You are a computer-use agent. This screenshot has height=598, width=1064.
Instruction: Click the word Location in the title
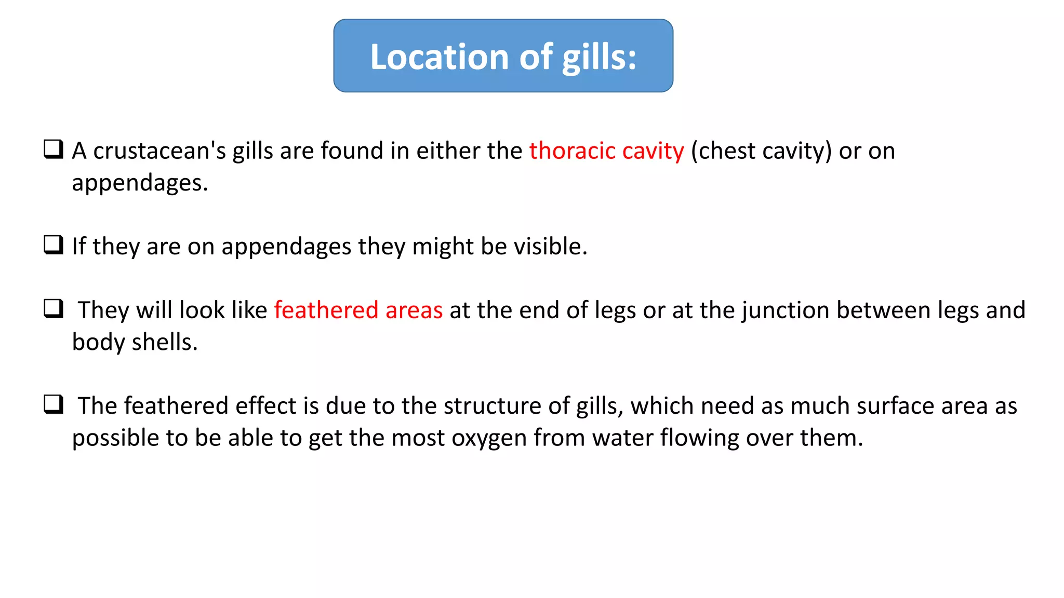440,57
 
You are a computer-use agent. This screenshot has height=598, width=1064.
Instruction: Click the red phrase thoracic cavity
606,151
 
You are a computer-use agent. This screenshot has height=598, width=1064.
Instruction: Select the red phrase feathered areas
358,310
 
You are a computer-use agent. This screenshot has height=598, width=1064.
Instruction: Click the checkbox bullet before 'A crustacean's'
54,149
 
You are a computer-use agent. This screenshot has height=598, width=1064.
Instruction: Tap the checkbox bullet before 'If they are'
54,245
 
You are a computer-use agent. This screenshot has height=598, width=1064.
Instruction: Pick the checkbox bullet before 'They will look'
54,309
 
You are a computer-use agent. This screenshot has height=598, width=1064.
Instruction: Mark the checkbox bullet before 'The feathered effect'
54,404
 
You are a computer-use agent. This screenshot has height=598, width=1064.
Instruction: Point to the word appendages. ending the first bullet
140,183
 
